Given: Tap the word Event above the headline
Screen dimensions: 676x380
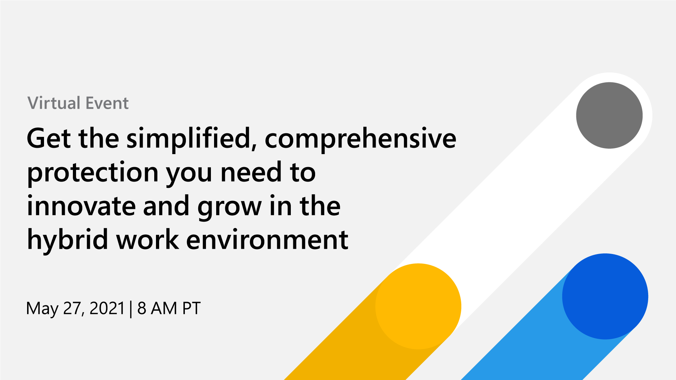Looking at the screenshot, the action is coord(107,103).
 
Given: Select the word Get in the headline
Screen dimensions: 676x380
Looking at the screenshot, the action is coord(49,138).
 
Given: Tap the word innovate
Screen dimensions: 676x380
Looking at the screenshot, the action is coord(81,206).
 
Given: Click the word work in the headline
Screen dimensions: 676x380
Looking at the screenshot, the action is coord(148,239).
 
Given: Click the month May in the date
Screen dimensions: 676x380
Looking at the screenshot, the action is coord(42,309).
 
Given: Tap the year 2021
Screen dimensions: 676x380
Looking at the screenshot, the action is coord(107,308).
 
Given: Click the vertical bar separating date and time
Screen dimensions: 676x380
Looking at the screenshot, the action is coord(131,309).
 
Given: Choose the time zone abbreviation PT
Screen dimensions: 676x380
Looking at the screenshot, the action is coord(191,308).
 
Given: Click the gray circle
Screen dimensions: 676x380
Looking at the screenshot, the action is coord(609,115).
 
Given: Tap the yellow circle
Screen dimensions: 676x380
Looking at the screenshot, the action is coord(418,306).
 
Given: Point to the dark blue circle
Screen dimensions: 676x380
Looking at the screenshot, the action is coord(605,296).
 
